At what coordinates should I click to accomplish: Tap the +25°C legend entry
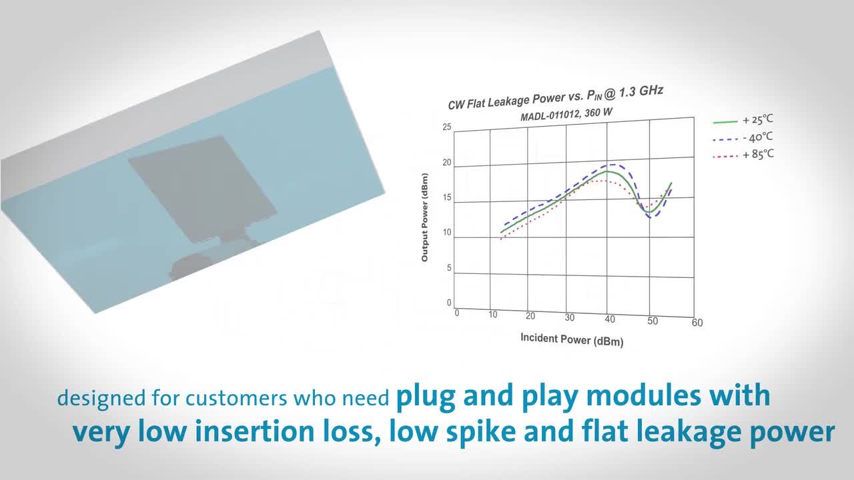[743, 121]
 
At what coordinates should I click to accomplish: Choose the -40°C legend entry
[743, 138]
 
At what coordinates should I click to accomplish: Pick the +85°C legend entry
[743, 155]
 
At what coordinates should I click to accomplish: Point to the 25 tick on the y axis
[447, 127]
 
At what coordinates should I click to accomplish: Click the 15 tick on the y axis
[447, 197]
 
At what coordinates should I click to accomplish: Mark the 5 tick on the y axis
[449, 268]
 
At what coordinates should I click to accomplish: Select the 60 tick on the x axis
[697, 323]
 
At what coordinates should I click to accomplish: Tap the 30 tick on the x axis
[570, 317]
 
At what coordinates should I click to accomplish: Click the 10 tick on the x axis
[493, 315]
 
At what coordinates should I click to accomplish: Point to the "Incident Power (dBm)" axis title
[572, 339]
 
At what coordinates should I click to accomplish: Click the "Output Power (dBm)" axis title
[425, 217]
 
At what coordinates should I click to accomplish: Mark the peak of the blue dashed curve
[613, 165]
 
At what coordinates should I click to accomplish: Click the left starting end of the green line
[501, 233]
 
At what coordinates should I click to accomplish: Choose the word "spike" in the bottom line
[482, 432]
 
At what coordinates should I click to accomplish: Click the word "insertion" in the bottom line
[255, 431]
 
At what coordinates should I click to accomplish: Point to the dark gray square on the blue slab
[203, 189]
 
